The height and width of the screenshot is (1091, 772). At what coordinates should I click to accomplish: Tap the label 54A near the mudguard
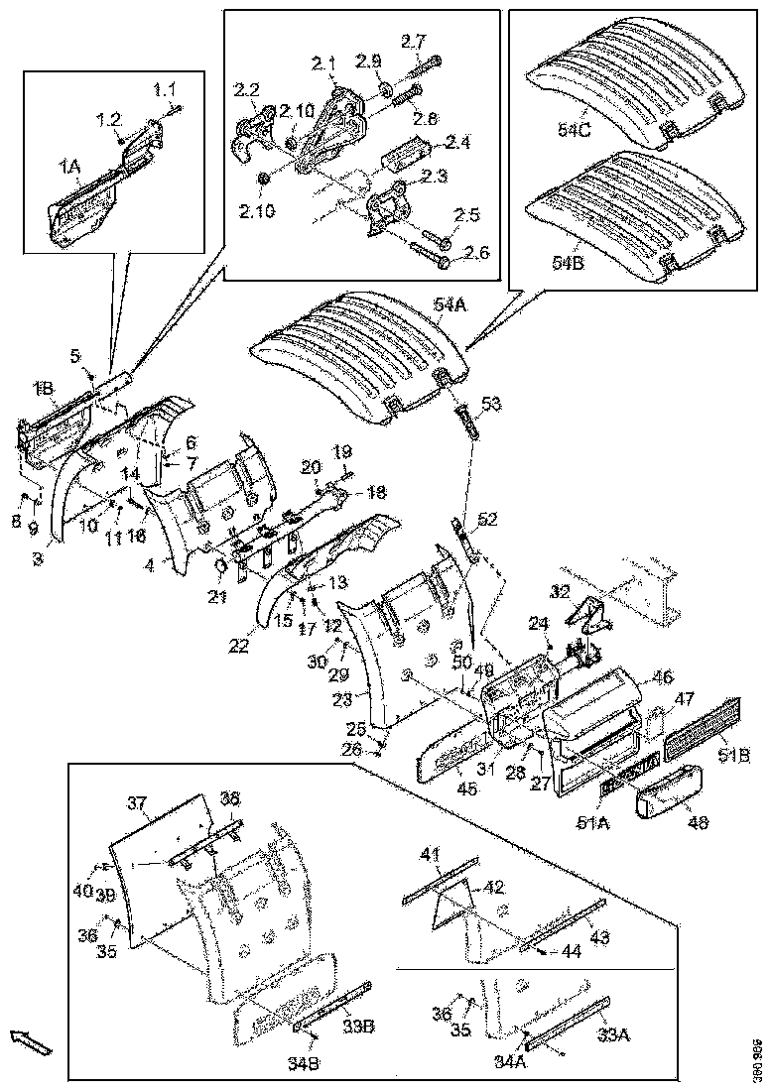click(450, 305)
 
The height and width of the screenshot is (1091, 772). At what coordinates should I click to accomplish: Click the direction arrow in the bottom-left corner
click(30, 1042)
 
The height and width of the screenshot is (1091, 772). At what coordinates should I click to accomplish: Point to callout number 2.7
click(413, 42)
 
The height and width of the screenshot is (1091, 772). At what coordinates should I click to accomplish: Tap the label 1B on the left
click(44, 386)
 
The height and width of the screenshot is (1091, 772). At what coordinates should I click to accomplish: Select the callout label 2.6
click(477, 253)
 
